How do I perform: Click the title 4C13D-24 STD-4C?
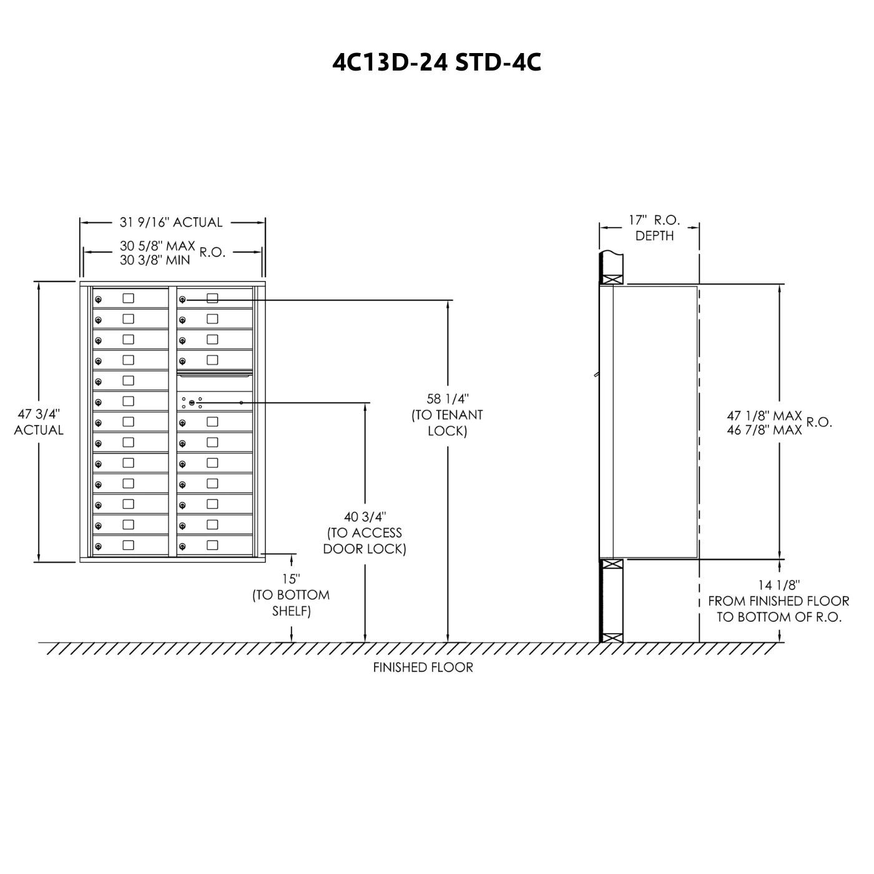(x=436, y=62)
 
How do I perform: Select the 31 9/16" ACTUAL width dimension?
(x=171, y=222)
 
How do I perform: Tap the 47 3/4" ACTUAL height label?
(x=39, y=422)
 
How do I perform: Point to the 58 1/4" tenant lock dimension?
(x=447, y=399)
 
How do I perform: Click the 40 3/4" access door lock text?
(x=365, y=517)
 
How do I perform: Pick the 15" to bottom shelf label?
(x=291, y=579)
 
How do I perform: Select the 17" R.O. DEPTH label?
(x=654, y=227)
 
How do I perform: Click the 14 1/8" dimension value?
(x=779, y=585)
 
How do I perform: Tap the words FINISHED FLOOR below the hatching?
(x=423, y=667)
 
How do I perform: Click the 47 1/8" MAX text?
(x=764, y=415)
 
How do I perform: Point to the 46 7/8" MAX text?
(x=764, y=430)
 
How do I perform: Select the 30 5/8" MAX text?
(x=157, y=245)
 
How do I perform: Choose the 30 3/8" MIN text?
(x=155, y=260)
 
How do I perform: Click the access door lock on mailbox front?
(x=192, y=403)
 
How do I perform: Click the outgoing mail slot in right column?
(x=215, y=376)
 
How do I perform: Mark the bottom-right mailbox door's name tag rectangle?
(x=212, y=545)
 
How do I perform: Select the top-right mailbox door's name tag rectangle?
(x=212, y=298)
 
